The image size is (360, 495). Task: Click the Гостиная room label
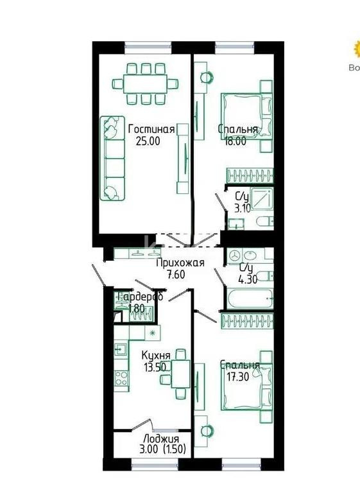point(151,128)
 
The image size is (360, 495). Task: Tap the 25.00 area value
point(147,141)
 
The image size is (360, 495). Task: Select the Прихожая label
point(180,263)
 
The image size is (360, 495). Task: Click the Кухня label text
point(156,355)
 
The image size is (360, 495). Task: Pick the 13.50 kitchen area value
point(155,367)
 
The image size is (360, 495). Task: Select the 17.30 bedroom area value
point(236,378)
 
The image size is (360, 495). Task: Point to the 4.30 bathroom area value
point(248,279)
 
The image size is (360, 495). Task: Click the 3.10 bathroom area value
point(242,208)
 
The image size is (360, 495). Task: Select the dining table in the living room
point(145,83)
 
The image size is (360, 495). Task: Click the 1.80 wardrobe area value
point(136,309)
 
